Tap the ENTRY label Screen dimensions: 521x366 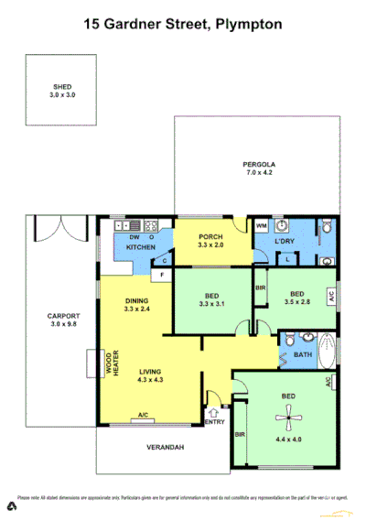click(214, 421)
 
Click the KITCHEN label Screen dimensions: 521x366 click(139, 247)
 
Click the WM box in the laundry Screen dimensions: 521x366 click(261, 226)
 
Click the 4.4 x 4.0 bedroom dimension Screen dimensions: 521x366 click(288, 440)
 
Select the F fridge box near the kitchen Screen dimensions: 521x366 click(161, 275)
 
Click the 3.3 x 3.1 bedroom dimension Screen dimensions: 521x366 click(211, 304)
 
